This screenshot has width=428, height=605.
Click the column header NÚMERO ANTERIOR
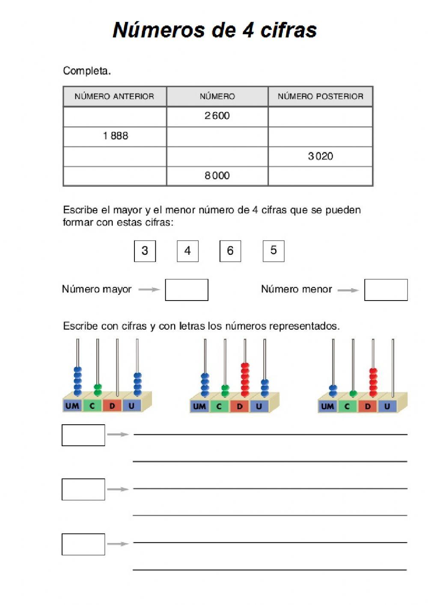tap(114, 96)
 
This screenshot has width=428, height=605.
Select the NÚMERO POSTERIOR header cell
tap(320, 96)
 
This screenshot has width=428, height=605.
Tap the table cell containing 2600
tap(217, 116)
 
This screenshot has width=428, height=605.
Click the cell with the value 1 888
tap(115, 136)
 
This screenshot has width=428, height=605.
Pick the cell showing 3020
tap(320, 156)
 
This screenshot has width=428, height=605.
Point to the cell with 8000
tap(217, 176)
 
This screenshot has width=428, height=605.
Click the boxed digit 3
tap(145, 251)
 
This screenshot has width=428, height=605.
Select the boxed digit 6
tap(230, 251)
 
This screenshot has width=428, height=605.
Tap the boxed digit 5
tap(273, 251)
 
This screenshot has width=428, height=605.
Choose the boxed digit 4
tap(187, 251)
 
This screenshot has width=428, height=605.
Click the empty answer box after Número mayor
tap(187, 290)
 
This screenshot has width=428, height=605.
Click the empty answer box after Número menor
tap(386, 290)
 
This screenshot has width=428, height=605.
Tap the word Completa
tap(87, 71)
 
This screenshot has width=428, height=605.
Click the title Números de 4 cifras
tap(214, 30)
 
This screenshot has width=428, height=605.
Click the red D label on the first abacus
tap(112, 405)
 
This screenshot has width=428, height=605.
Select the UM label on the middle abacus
tap(199, 406)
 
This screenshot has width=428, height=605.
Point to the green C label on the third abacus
tap(347, 406)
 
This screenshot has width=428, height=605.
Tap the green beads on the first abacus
tap(98, 390)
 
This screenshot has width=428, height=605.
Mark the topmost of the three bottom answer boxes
tap(83, 435)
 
